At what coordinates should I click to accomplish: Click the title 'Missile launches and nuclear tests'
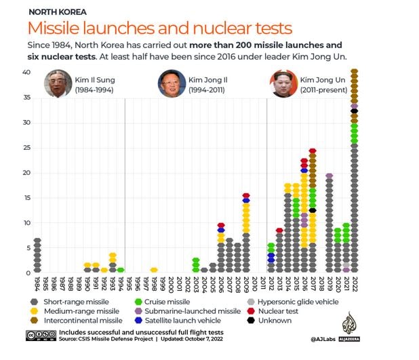[x=160, y=29]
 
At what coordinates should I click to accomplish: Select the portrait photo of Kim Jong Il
[x=172, y=84]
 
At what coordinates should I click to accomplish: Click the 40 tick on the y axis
[x=26, y=73]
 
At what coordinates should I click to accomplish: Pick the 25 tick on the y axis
[x=26, y=148]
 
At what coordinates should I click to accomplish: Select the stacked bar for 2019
[x=329, y=224]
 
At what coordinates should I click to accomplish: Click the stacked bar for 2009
[x=246, y=234]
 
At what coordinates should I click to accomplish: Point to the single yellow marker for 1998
[x=154, y=270]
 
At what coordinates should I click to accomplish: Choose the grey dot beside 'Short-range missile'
[x=35, y=302]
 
